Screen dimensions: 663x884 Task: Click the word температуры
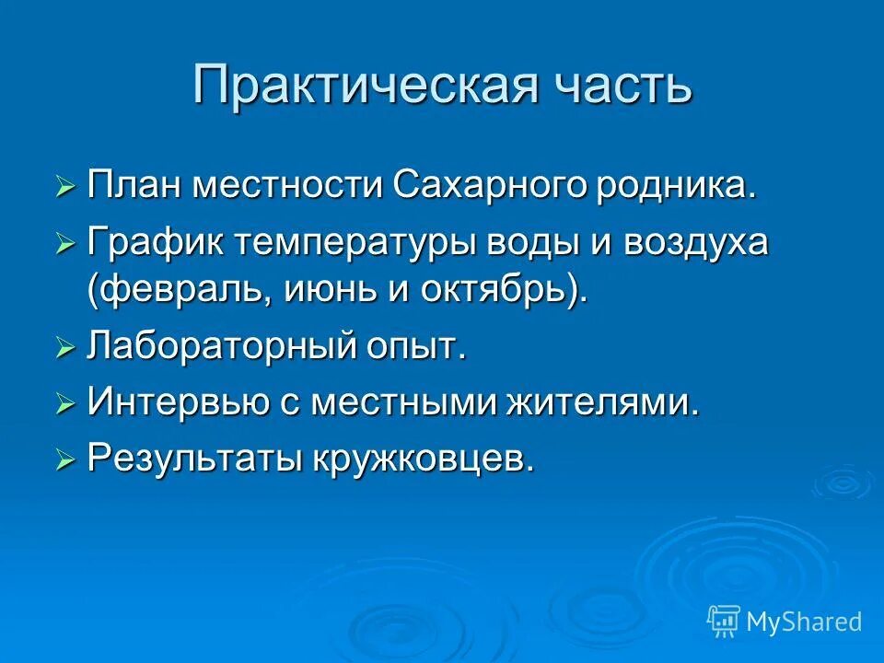pos(366,244)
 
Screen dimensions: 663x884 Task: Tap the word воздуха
pos(697,244)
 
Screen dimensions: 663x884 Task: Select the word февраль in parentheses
pos(169,291)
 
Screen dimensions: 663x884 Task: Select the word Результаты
pos(189,458)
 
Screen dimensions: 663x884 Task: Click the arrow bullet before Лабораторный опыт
pos(64,349)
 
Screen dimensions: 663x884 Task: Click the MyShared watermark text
pos(804,622)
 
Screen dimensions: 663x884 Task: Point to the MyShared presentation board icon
pos(724,621)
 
